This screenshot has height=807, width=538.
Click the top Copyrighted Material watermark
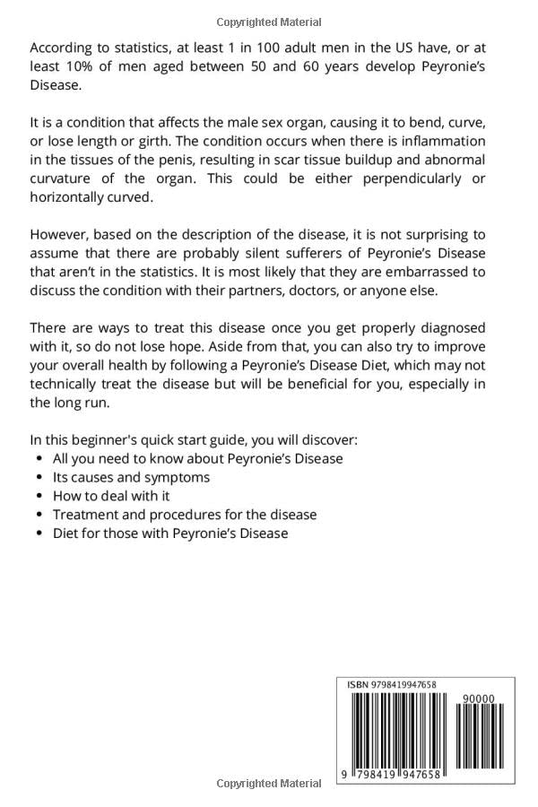point(269,22)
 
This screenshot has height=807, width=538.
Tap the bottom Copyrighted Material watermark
point(269,783)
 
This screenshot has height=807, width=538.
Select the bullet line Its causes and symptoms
point(131,477)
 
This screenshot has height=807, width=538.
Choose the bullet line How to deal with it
point(111,496)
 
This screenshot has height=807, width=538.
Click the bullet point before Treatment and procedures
point(39,515)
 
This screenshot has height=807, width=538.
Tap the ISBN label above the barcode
point(357,685)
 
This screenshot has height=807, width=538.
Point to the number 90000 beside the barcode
point(477,698)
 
